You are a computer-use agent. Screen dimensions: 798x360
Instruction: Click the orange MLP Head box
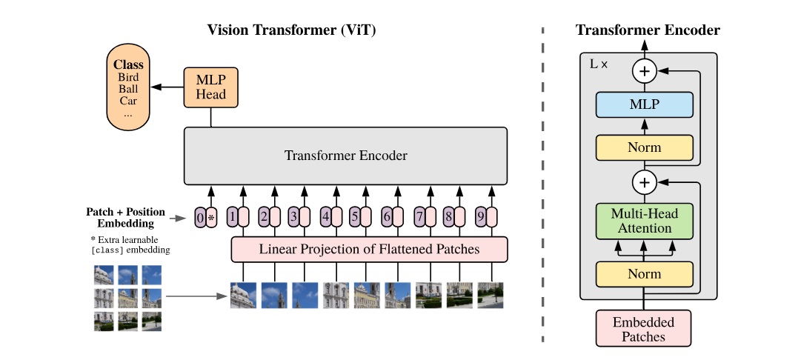(210, 87)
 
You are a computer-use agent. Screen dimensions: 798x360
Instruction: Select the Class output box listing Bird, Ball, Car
(128, 86)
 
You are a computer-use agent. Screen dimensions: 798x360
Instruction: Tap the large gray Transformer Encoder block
(345, 156)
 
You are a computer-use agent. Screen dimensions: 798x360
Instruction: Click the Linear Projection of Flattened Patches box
(370, 249)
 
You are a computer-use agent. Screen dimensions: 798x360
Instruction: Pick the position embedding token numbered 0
(200, 217)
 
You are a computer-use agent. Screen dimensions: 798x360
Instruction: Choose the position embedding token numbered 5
(356, 217)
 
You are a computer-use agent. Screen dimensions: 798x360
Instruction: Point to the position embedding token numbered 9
(480, 217)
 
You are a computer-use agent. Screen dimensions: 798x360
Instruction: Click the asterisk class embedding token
(211, 217)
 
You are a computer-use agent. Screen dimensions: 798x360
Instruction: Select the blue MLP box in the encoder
(645, 104)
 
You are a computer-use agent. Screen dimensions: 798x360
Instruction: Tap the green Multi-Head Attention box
(645, 221)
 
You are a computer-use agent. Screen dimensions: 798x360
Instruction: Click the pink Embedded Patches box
(644, 328)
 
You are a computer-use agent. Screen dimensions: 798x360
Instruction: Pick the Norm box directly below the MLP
(645, 147)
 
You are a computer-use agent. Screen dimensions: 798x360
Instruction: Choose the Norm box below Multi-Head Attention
(645, 274)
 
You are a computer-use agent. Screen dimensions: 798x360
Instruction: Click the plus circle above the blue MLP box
(645, 72)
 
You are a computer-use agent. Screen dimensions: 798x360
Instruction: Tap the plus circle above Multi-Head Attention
(645, 182)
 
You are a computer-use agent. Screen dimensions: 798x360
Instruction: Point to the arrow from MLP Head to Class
(167, 87)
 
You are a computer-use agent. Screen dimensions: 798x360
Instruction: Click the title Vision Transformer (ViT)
(292, 30)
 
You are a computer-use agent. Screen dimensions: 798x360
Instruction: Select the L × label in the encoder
(599, 64)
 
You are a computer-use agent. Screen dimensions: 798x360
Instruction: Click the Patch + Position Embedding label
(126, 217)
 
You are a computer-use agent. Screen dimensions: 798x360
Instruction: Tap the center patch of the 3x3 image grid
(127, 298)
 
